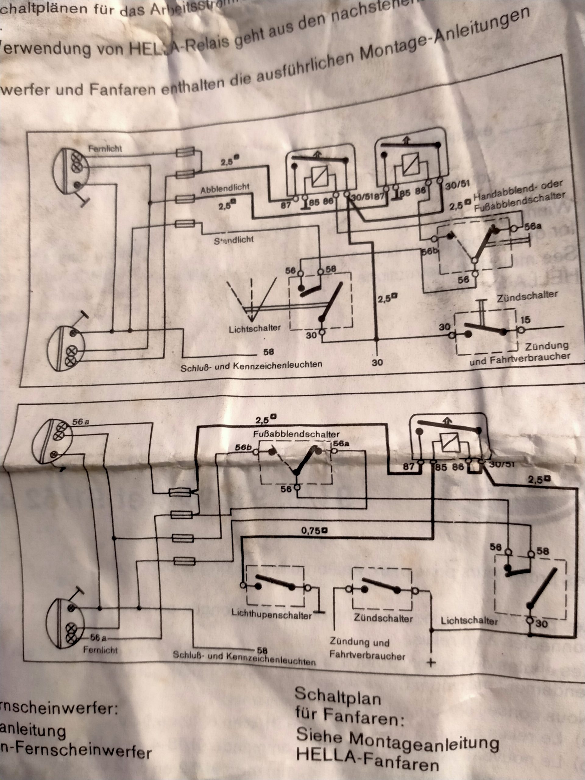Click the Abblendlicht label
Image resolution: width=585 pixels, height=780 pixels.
[225, 189]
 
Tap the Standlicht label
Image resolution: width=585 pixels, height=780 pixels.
[234, 240]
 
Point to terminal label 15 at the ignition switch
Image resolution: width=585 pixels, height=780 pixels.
[525, 320]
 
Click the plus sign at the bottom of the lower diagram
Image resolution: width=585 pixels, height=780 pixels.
[431, 663]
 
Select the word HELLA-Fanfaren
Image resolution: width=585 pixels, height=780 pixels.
[367, 764]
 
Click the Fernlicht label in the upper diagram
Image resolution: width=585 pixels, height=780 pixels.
[105, 149]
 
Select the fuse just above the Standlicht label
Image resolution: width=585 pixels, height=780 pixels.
[185, 224]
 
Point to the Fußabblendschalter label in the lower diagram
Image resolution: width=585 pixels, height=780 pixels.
[296, 434]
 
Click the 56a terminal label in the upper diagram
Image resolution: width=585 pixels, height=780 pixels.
[532, 226]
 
